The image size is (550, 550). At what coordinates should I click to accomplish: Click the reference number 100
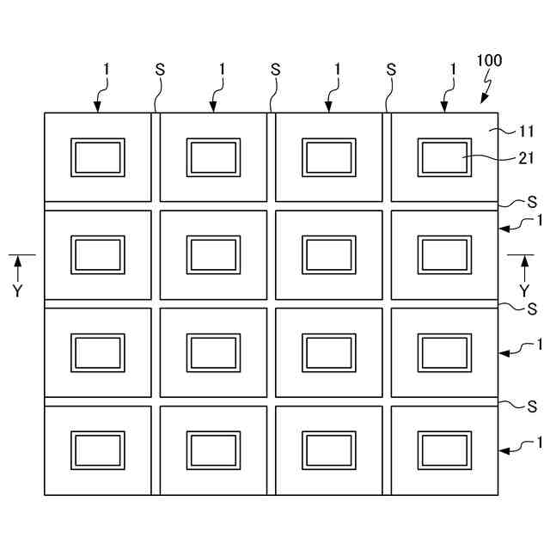pyautogui.click(x=489, y=61)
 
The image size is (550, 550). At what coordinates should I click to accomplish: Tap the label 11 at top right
pyautogui.click(x=527, y=131)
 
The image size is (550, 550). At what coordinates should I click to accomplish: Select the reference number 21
pyautogui.click(x=527, y=157)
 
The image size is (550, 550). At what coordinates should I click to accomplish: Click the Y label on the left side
pyautogui.click(x=18, y=290)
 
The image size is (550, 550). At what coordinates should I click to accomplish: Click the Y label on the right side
pyautogui.click(x=523, y=290)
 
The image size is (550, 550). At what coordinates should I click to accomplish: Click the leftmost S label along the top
pyautogui.click(x=160, y=69)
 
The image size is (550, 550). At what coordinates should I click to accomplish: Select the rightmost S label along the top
pyautogui.click(x=391, y=69)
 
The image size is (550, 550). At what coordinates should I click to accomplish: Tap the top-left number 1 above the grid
pyautogui.click(x=106, y=69)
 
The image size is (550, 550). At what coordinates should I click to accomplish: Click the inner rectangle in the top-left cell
pyautogui.click(x=98, y=158)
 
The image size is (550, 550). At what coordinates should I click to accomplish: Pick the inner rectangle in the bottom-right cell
pyautogui.click(x=444, y=450)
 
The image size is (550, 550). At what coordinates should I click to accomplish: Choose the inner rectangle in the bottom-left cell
pyautogui.click(x=98, y=450)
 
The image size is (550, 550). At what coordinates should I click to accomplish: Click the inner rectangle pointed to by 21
pyautogui.click(x=444, y=158)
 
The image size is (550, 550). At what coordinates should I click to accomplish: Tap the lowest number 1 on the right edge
pyautogui.click(x=539, y=443)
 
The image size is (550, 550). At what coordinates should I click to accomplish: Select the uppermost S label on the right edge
pyautogui.click(x=532, y=203)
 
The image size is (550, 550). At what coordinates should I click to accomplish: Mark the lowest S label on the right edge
pyautogui.click(x=532, y=404)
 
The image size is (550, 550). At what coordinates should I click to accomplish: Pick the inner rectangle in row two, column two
pyautogui.click(x=213, y=255)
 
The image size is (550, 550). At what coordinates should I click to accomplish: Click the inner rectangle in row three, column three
pyautogui.click(x=327, y=353)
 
